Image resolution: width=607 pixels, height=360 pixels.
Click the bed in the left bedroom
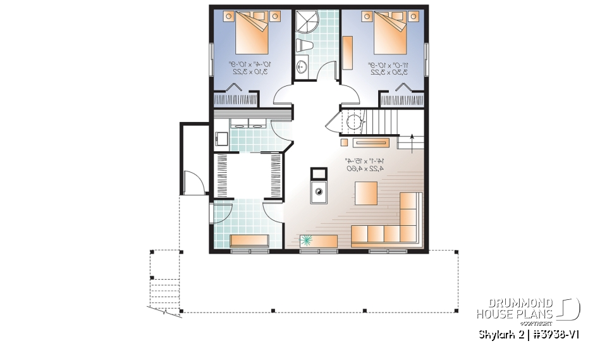(x=254, y=35)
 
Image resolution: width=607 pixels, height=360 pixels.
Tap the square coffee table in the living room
(x=366, y=193)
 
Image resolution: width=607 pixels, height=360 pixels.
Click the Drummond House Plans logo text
(x=515, y=309)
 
